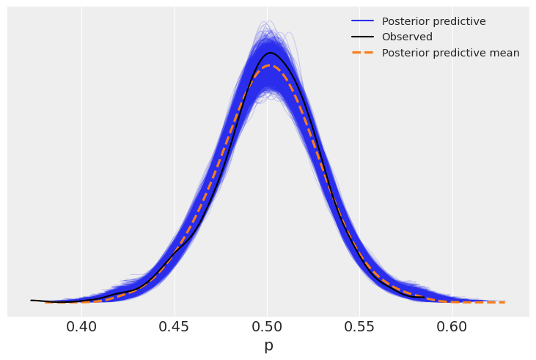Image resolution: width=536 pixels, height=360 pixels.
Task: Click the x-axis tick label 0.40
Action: tap(81, 325)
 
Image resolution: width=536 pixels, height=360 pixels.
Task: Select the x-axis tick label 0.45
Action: tap(175, 325)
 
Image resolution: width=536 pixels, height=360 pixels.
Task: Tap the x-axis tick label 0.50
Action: tap(268, 325)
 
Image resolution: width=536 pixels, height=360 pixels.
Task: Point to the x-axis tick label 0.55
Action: tap(360, 325)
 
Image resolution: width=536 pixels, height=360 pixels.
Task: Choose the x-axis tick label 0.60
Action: tap(452, 325)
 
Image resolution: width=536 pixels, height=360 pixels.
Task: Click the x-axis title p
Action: tap(268, 345)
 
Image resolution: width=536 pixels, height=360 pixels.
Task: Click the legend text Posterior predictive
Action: tap(433, 21)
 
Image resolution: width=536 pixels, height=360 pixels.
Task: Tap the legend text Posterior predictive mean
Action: tap(450, 53)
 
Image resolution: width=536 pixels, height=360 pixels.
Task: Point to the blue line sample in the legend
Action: tap(362, 21)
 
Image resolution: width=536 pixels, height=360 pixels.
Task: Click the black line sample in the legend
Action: tap(362, 37)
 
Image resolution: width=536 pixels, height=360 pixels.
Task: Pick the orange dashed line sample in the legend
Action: tap(362, 53)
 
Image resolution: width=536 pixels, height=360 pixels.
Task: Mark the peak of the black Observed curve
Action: tap(271, 53)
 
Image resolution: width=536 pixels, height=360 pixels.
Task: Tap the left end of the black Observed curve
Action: tap(32, 300)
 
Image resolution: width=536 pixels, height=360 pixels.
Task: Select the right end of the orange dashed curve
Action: tap(504, 302)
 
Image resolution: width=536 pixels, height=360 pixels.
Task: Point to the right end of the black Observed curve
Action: tap(424, 297)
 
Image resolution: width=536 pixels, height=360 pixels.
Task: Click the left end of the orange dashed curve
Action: tap(45, 302)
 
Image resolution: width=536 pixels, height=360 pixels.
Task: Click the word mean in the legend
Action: tap(505, 53)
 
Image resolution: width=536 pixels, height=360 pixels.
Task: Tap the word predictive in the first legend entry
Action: tap(459, 21)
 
